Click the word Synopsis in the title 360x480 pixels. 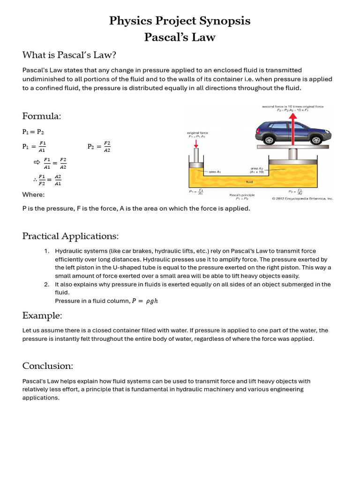(224, 21)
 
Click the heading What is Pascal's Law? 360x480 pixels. (69, 55)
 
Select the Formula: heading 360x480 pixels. (42, 116)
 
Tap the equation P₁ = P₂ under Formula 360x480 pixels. (33, 132)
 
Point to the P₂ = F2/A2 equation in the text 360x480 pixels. (99, 146)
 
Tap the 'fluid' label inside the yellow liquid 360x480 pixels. (249, 180)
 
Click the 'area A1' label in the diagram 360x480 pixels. (215, 172)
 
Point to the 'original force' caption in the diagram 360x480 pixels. (197, 133)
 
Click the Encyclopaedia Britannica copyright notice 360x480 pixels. (302, 198)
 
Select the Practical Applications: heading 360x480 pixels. (70, 236)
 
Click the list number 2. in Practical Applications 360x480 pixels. (47, 284)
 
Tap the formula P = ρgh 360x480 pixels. (144, 301)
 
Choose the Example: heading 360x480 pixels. (42, 315)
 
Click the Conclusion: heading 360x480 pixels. (47, 366)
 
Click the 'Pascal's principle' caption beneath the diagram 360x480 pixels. (242, 195)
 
